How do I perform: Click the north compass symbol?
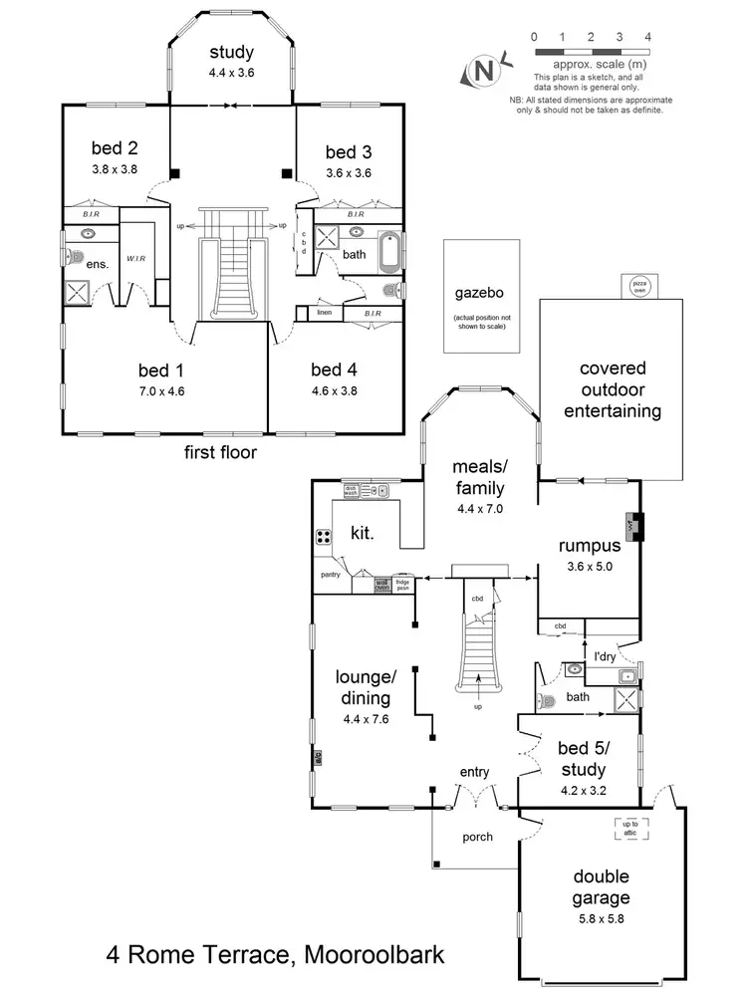pos(483,71)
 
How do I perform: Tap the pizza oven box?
pos(637,285)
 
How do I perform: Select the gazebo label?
pos(481,294)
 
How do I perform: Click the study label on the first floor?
pos(231,52)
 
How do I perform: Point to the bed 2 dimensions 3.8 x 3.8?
pos(114,168)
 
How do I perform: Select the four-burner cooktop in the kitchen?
pos(325,537)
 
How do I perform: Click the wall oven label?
pos(381,586)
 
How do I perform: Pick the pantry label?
pos(332,575)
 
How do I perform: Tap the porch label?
pos(477,837)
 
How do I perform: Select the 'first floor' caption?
pos(220,453)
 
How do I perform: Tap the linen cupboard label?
pos(324,313)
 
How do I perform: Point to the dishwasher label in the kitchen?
pos(351,489)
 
